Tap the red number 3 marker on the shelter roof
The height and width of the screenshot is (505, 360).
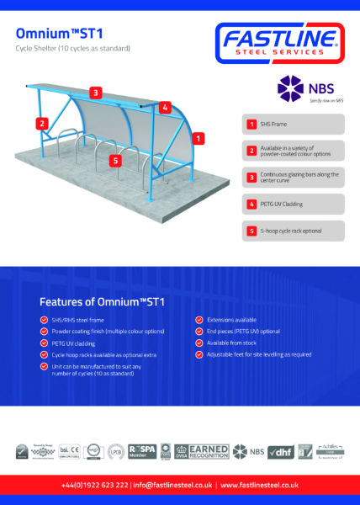[x=97, y=93]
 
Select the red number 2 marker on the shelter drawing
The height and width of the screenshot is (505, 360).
[x=41, y=123]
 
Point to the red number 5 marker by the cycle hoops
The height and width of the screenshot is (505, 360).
[x=115, y=159]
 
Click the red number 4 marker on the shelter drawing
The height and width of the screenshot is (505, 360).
[x=165, y=107]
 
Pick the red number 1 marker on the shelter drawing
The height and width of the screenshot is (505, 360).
[x=198, y=137]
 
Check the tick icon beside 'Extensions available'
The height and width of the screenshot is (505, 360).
[x=199, y=320]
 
